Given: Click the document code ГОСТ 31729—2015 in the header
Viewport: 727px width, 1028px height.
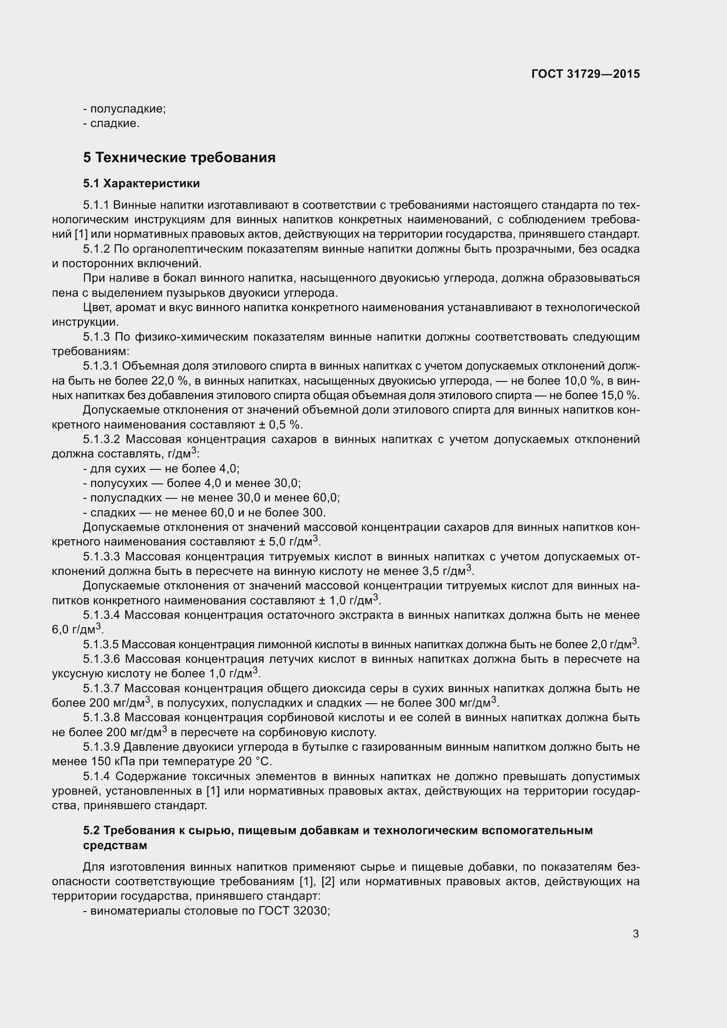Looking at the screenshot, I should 585,74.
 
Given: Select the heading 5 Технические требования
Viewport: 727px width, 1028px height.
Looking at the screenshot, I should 179,158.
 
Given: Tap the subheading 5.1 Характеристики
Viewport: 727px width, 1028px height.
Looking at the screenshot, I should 142,184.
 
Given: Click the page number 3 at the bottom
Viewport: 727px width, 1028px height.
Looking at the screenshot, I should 636,934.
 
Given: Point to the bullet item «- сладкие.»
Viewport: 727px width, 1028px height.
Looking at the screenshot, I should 112,123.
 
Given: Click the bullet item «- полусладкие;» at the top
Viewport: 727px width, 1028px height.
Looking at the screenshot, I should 124,109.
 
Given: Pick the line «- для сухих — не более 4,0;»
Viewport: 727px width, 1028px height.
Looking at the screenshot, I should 161,469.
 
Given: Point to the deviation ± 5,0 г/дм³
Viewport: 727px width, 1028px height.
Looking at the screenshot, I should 289,542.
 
